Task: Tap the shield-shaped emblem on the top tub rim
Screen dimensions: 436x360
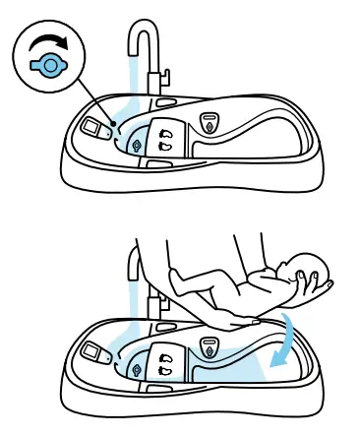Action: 208,121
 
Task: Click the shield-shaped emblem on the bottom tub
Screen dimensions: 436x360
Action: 208,347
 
